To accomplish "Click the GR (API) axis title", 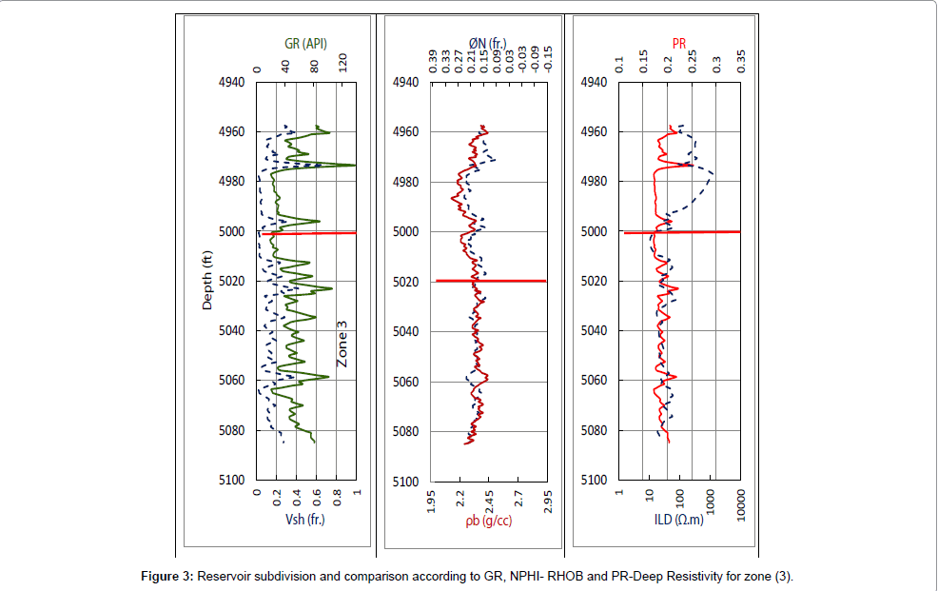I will [306, 43].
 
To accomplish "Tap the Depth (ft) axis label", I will [206, 281].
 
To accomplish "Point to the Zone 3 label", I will [342, 344].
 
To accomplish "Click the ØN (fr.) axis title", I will [488, 43].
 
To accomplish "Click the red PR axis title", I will [679, 43].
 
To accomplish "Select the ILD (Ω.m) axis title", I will [678, 521].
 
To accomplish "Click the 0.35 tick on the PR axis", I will [742, 63].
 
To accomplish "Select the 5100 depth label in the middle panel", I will [406, 482].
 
